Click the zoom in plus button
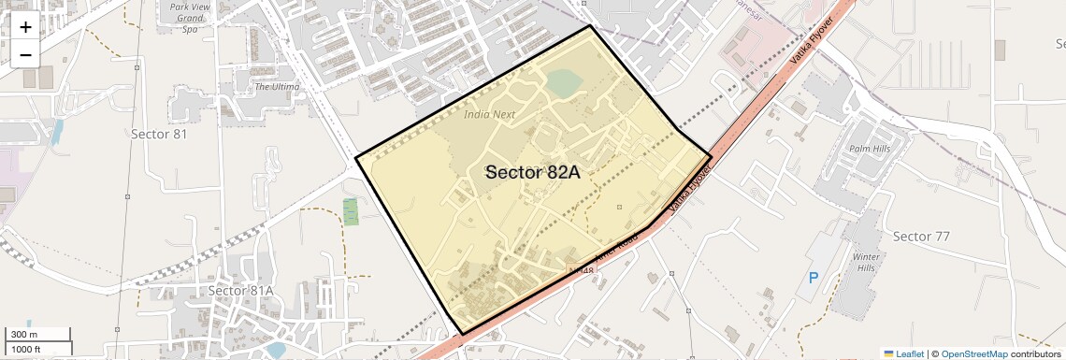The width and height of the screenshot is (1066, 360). (25, 27)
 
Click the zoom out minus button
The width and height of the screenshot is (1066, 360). (25, 54)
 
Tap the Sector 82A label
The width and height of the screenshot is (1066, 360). (533, 172)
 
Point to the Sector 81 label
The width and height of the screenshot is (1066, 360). (159, 134)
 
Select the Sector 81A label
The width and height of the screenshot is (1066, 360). (240, 290)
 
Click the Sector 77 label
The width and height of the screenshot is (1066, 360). (921, 236)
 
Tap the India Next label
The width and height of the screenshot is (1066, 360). (490, 114)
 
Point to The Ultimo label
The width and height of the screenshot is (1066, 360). (277, 86)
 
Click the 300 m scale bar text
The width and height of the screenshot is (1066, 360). (24, 335)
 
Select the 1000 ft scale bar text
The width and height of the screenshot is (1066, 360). (26, 349)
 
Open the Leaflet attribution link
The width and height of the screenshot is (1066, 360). (903, 353)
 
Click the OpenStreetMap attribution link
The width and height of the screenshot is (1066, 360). (973, 353)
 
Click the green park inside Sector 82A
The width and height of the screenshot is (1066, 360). (563, 84)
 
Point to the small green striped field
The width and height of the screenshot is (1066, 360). (351, 211)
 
